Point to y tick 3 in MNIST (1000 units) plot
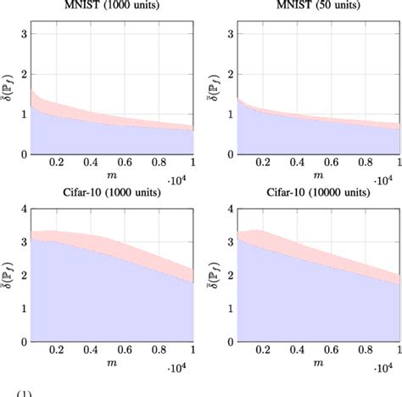(24, 35)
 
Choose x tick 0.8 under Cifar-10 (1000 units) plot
(159, 349)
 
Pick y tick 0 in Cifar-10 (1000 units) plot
(24, 342)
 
